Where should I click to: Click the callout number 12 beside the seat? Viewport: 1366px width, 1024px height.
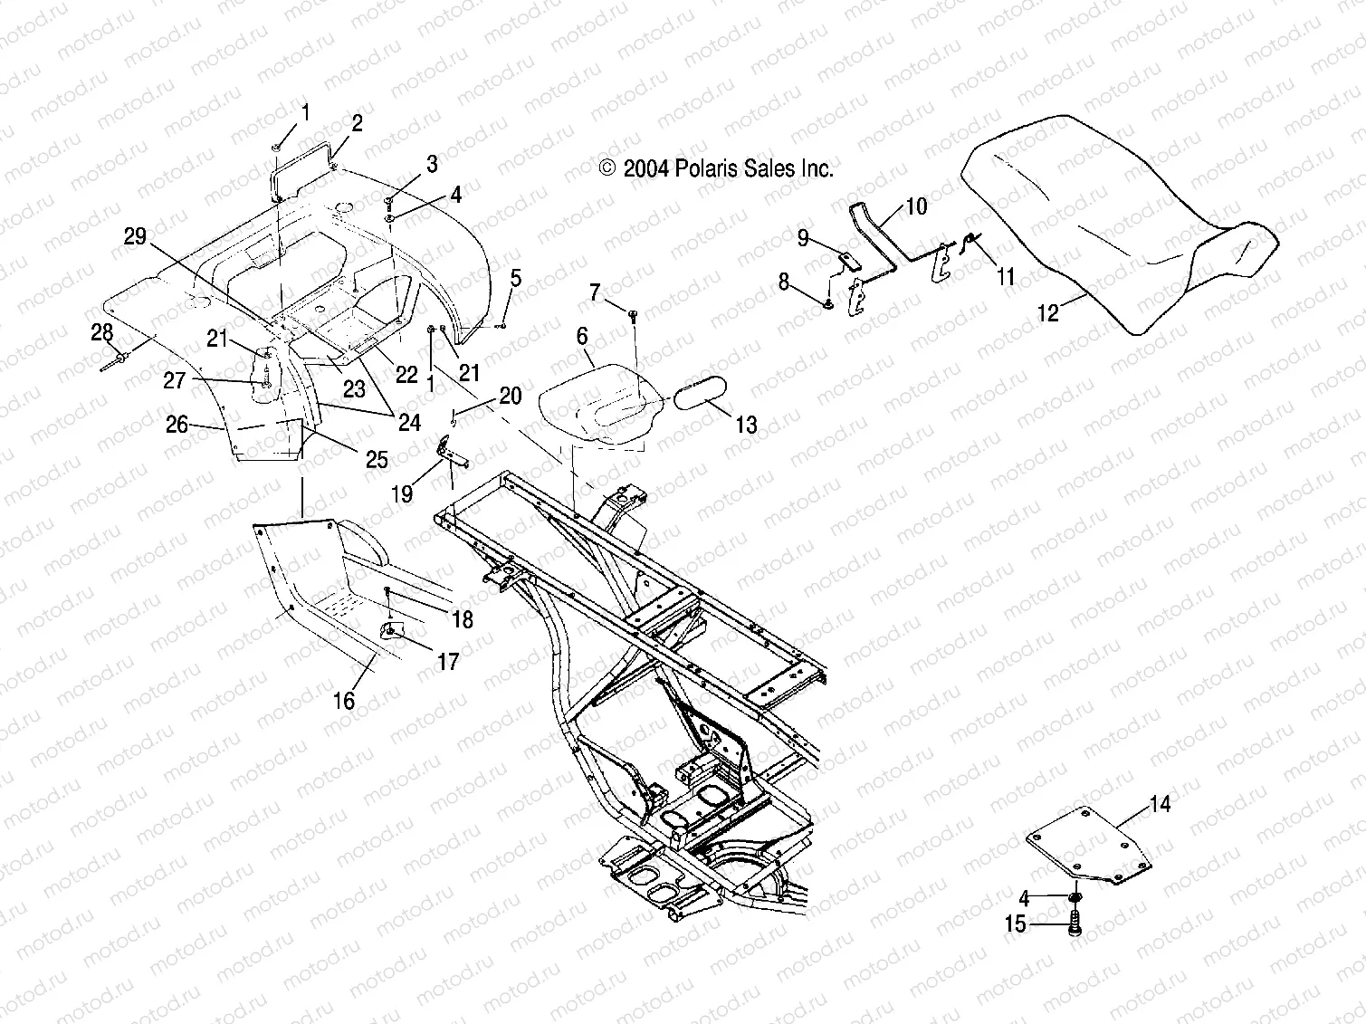(1046, 313)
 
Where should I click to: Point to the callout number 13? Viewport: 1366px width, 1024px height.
(746, 425)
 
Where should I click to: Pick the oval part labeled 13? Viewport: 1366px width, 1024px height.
(696, 396)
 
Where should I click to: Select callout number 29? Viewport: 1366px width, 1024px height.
(135, 237)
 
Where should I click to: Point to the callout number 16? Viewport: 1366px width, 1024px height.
(344, 700)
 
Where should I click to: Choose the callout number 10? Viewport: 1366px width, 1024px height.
(916, 206)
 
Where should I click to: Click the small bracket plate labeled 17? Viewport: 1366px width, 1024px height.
(392, 627)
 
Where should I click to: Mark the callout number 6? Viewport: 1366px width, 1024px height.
(582, 337)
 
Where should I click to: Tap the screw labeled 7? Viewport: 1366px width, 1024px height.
(633, 313)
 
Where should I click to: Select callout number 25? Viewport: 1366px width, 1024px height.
(377, 459)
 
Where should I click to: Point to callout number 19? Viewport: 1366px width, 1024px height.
(402, 493)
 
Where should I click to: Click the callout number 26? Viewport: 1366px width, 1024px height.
(177, 424)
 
